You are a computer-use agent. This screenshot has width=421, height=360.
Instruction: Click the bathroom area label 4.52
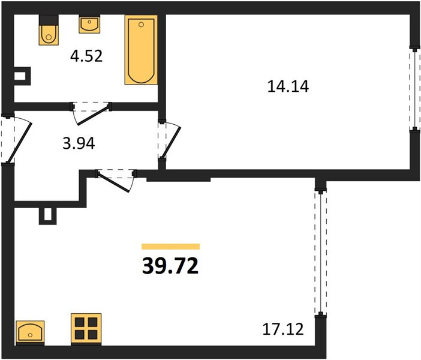coord(86,56)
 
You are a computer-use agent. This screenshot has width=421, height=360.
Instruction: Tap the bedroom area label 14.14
coord(288,87)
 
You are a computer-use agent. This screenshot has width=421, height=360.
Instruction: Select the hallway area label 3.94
coord(79,143)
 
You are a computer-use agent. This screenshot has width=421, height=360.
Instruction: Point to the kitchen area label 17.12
coord(283,329)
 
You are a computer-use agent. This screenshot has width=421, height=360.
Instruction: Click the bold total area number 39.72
coord(170,266)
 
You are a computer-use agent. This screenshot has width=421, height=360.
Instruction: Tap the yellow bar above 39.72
coord(171,247)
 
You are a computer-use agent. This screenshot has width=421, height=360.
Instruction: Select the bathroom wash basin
coord(89,24)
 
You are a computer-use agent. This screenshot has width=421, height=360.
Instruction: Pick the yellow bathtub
coord(141,50)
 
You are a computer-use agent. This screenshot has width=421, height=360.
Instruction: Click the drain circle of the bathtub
coord(141,25)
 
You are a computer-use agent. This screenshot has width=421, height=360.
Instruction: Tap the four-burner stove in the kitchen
coord(86,329)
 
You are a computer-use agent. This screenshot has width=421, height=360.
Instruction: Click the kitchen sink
coord(30,332)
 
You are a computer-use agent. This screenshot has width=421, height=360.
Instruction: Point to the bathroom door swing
coord(91,113)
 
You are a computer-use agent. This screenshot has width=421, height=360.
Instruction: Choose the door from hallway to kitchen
coord(116,179)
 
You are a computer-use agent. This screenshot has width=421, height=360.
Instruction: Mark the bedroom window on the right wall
coord(415,89)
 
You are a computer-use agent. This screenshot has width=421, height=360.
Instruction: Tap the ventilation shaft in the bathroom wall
coord(22,76)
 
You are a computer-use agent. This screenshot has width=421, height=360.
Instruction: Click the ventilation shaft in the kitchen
coord(48,216)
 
